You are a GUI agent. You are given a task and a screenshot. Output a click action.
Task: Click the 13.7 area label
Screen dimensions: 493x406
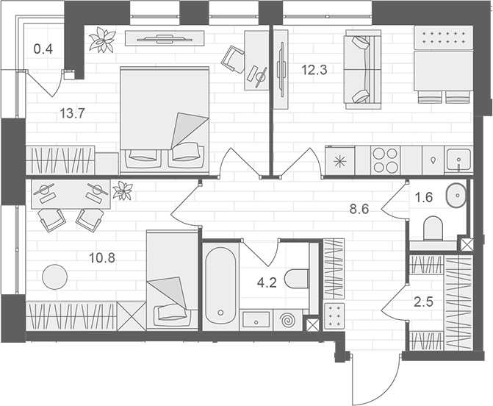pyautogui.click(x=73, y=113)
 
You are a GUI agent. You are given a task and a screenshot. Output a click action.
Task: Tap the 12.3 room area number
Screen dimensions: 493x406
pyautogui.click(x=314, y=70)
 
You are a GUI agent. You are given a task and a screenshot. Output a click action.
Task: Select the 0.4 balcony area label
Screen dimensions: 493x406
pyautogui.click(x=43, y=49)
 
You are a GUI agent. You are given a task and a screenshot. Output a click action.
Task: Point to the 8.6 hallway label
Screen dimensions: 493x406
pyautogui.click(x=359, y=209)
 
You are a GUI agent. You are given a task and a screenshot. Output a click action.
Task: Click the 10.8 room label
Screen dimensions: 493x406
pyautogui.click(x=102, y=258)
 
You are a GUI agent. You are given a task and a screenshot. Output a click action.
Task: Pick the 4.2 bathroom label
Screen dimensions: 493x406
pyautogui.click(x=267, y=283)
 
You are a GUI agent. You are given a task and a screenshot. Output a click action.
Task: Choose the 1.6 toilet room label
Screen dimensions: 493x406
pyautogui.click(x=424, y=198)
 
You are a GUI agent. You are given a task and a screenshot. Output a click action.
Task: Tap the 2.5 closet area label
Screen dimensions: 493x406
pyautogui.click(x=423, y=302)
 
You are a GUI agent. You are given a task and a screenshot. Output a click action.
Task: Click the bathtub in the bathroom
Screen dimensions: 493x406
pyautogui.click(x=220, y=286)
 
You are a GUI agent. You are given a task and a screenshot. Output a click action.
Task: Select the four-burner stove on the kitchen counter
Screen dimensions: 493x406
pyautogui.click(x=385, y=160)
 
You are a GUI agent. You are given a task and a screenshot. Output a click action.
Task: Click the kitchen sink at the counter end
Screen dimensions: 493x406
pyautogui.click(x=458, y=160)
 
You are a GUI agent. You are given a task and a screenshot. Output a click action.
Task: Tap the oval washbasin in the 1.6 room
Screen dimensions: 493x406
pyautogui.click(x=456, y=196)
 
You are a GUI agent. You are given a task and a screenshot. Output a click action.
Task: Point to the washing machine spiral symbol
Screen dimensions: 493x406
pyautogui.click(x=288, y=321)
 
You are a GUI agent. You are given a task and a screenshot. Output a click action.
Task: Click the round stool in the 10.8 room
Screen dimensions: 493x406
pyautogui.click(x=54, y=277)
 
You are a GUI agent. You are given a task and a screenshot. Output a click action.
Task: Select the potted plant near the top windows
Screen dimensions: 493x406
pyautogui.click(x=102, y=40)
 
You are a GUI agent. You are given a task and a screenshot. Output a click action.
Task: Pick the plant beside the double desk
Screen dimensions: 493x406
pyautogui.click(x=123, y=190)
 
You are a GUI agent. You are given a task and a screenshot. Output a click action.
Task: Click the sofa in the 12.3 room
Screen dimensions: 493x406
pyautogui.click(x=364, y=70)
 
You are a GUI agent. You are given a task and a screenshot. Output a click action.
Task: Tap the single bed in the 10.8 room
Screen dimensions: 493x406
pyautogui.click(x=173, y=280)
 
